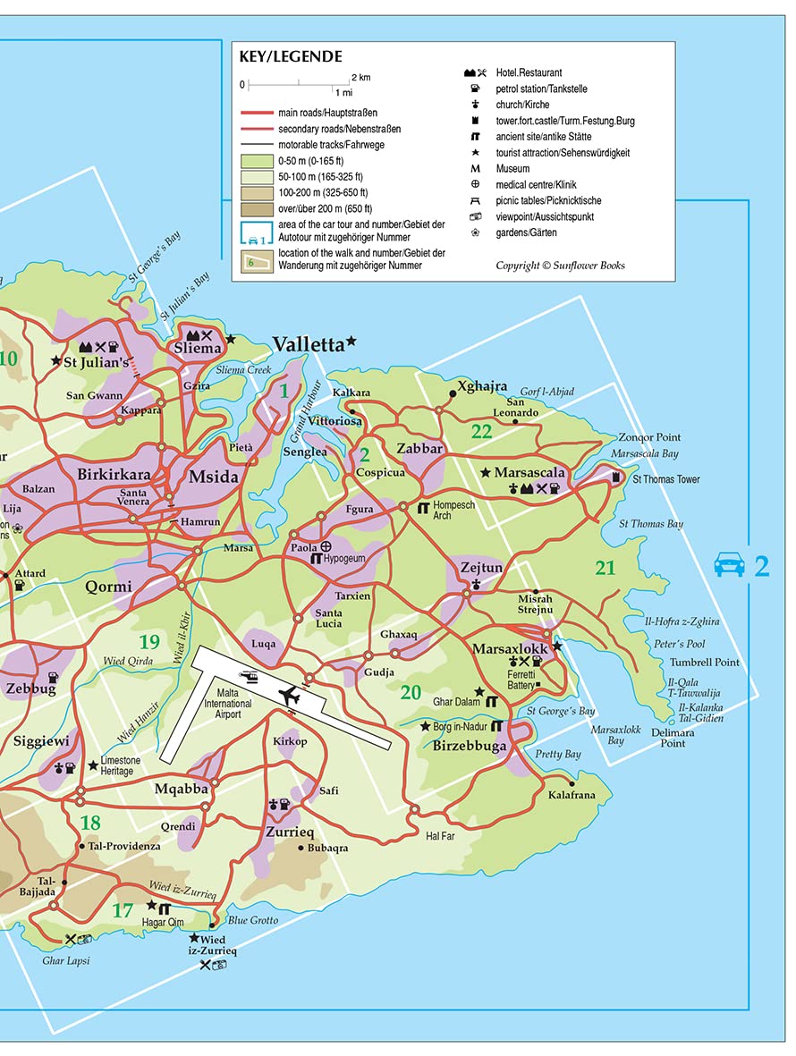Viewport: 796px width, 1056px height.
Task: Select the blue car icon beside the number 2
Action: [729, 566]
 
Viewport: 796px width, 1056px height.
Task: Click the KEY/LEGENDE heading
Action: [290, 57]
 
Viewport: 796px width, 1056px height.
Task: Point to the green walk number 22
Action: [482, 431]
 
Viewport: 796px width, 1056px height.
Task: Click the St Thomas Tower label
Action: [665, 480]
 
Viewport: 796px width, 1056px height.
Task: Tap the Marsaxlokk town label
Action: [510, 648]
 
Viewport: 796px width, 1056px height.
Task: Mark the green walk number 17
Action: [123, 911]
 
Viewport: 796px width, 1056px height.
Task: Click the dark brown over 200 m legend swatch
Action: [256, 209]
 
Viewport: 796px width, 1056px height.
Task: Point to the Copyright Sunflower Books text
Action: [560, 266]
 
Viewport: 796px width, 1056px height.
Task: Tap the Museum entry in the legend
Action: [513, 169]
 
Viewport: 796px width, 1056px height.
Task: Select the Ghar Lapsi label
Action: [66, 961]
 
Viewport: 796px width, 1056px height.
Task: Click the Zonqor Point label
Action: [649, 438]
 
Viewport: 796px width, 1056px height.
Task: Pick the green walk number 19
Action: [149, 641]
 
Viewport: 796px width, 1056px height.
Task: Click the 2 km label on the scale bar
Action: [360, 78]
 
